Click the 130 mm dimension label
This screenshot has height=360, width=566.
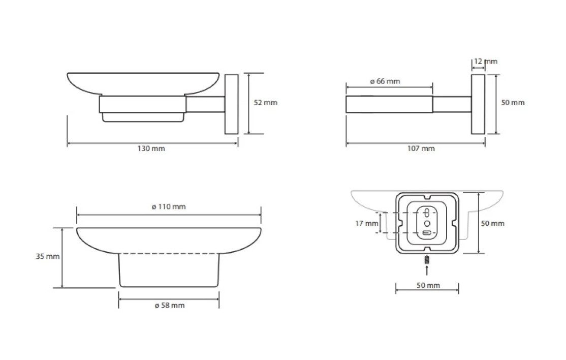click(151, 148)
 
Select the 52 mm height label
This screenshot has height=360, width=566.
click(266, 103)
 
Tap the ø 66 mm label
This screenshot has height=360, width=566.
click(385, 81)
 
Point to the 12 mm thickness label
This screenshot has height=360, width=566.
click(486, 62)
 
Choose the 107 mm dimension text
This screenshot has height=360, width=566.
click(421, 148)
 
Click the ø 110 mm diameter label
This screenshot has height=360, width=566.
click(169, 206)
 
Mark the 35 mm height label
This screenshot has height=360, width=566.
click(48, 256)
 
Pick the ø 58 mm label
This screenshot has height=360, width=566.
click(170, 305)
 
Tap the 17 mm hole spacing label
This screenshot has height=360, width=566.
click(367, 224)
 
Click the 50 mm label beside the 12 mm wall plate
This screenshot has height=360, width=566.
click(513, 103)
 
